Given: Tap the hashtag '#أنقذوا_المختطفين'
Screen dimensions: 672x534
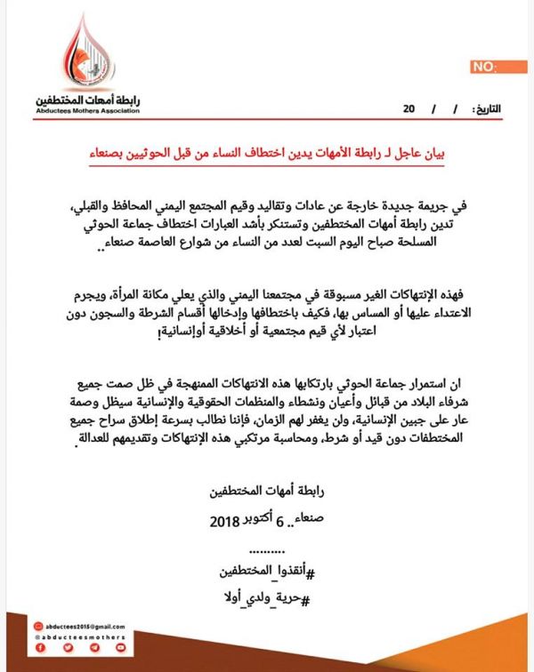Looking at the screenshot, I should [267, 570].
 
